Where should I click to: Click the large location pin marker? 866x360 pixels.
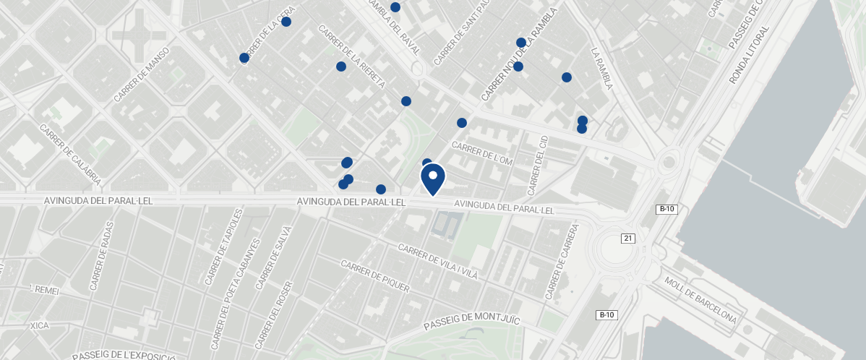point(432,179)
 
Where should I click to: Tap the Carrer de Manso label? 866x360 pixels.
point(141,74)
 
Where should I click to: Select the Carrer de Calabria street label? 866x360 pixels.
point(70,155)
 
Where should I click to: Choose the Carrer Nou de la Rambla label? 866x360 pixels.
point(520,55)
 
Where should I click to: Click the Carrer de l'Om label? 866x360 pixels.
point(481,153)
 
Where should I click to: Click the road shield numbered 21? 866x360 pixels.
point(627,239)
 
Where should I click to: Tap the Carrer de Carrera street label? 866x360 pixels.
point(562,262)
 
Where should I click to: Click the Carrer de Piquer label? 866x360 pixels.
point(374,277)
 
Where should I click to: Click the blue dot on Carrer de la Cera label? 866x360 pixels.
point(244,58)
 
